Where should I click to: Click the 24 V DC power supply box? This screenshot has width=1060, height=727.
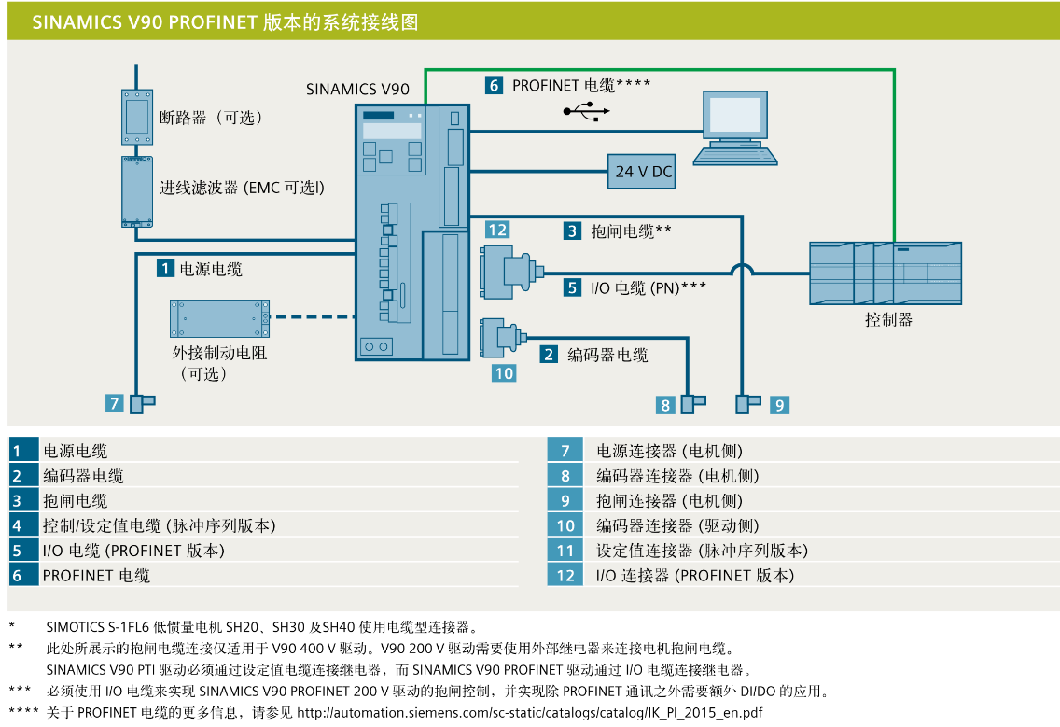click(x=643, y=172)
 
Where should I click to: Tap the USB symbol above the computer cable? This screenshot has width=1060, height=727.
click(x=587, y=112)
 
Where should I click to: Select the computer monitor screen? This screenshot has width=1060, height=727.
click(x=738, y=115)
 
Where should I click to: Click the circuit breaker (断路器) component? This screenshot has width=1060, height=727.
click(x=137, y=117)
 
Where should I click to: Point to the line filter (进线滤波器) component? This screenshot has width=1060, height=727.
click(x=136, y=191)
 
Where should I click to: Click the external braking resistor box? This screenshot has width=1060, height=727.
click(x=219, y=318)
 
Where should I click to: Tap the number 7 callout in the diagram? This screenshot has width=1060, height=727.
click(x=114, y=403)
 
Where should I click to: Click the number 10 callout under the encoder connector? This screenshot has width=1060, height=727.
click(x=504, y=372)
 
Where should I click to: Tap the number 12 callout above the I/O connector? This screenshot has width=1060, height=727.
click(x=496, y=230)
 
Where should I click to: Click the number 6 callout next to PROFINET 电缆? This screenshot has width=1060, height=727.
click(x=494, y=85)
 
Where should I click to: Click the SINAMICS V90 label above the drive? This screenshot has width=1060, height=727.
click(x=357, y=90)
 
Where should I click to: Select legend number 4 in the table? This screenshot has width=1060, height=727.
click(x=17, y=526)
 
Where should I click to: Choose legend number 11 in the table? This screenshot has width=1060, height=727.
click(x=565, y=551)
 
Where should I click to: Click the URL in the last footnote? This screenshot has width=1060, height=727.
click(x=529, y=713)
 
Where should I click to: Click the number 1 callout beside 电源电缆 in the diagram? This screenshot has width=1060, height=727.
click(x=165, y=269)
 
